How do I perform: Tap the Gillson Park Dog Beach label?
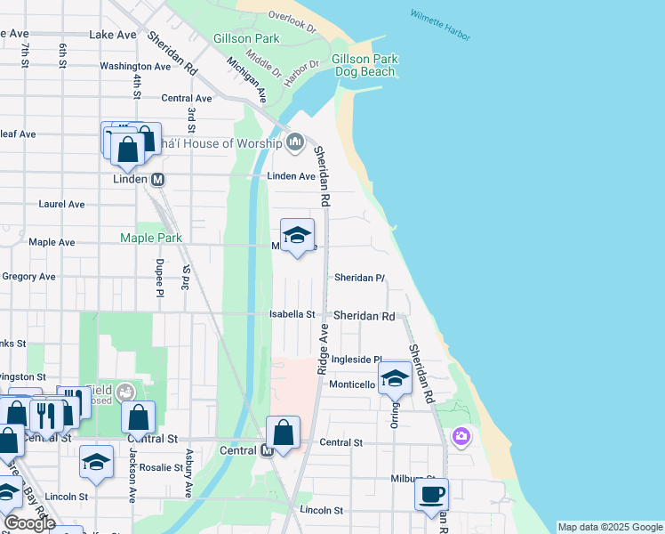coord(364,65)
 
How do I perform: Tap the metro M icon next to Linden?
coord(159,179)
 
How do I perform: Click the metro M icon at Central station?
coord(267,451)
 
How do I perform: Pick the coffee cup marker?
coord(432,494)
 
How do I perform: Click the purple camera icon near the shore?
coord(461,436)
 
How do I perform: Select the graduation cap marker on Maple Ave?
coord(298,236)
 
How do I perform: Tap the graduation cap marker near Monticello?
coord(395,379)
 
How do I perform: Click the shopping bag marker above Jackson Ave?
coord(139,417)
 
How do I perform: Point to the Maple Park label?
coord(151,238)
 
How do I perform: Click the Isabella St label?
coord(292,314)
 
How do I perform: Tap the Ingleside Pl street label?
coord(356,360)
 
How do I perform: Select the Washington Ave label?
coord(135,66)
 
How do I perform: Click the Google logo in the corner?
coord(29,523)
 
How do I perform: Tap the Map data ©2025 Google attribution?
coord(609,527)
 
